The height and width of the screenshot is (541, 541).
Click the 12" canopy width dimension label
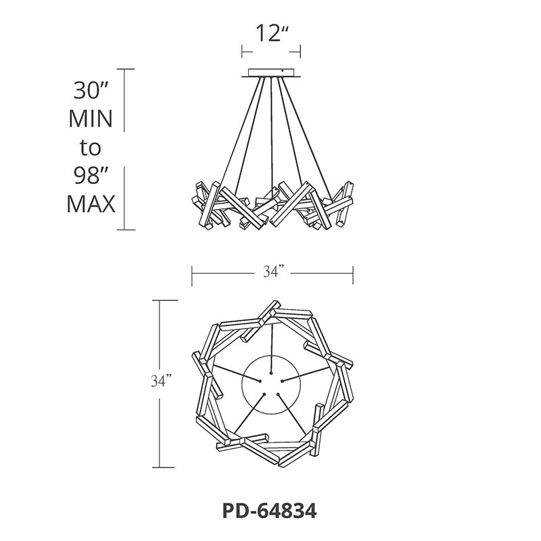272,33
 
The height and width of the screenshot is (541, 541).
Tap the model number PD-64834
269,511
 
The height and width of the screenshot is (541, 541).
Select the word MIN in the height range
91,119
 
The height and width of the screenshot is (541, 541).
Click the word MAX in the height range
91,204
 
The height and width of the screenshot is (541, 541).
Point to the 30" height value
91,91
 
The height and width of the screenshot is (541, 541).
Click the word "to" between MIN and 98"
91,147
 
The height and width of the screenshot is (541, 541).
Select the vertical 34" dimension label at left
162,381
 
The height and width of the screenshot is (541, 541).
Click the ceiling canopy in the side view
271,73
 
